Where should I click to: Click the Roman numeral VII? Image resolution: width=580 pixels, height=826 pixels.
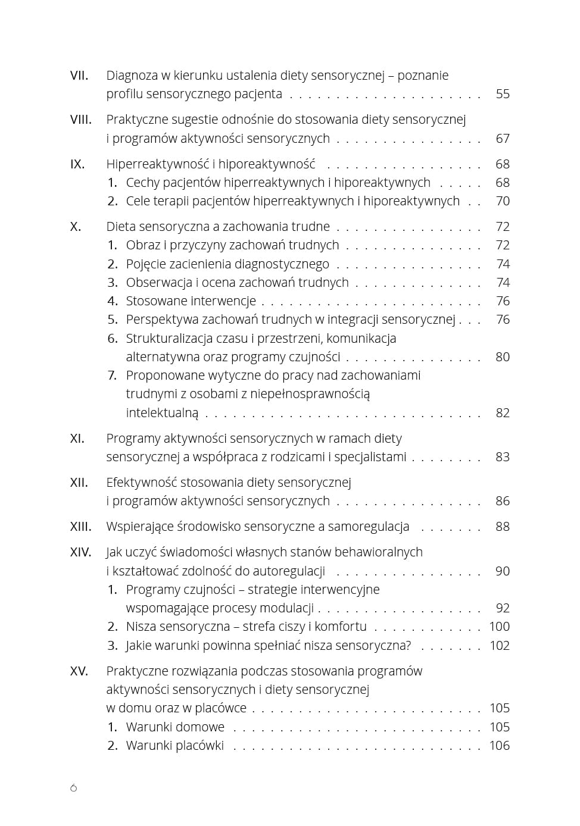[79, 76]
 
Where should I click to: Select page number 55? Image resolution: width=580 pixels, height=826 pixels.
[503, 94]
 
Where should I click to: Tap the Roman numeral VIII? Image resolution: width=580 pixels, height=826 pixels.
[81, 120]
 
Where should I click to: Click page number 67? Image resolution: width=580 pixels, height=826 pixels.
[503, 139]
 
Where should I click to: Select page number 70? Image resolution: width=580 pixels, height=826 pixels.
[503, 201]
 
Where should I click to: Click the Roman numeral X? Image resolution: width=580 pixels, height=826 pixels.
[76, 227]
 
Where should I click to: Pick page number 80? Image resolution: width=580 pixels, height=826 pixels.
[503, 357]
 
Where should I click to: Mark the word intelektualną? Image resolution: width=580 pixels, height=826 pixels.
[162, 413]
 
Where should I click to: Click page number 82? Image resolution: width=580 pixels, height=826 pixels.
[503, 413]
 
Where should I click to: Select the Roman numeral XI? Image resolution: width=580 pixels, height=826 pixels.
[77, 439]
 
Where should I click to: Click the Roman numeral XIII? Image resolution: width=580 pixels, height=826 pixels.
[81, 527]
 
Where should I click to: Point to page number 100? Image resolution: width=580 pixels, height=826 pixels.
[499, 627]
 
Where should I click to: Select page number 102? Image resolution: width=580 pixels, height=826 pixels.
[499, 646]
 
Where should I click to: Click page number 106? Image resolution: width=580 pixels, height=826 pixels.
[499, 746]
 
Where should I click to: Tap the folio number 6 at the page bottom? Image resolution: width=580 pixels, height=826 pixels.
[73, 788]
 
